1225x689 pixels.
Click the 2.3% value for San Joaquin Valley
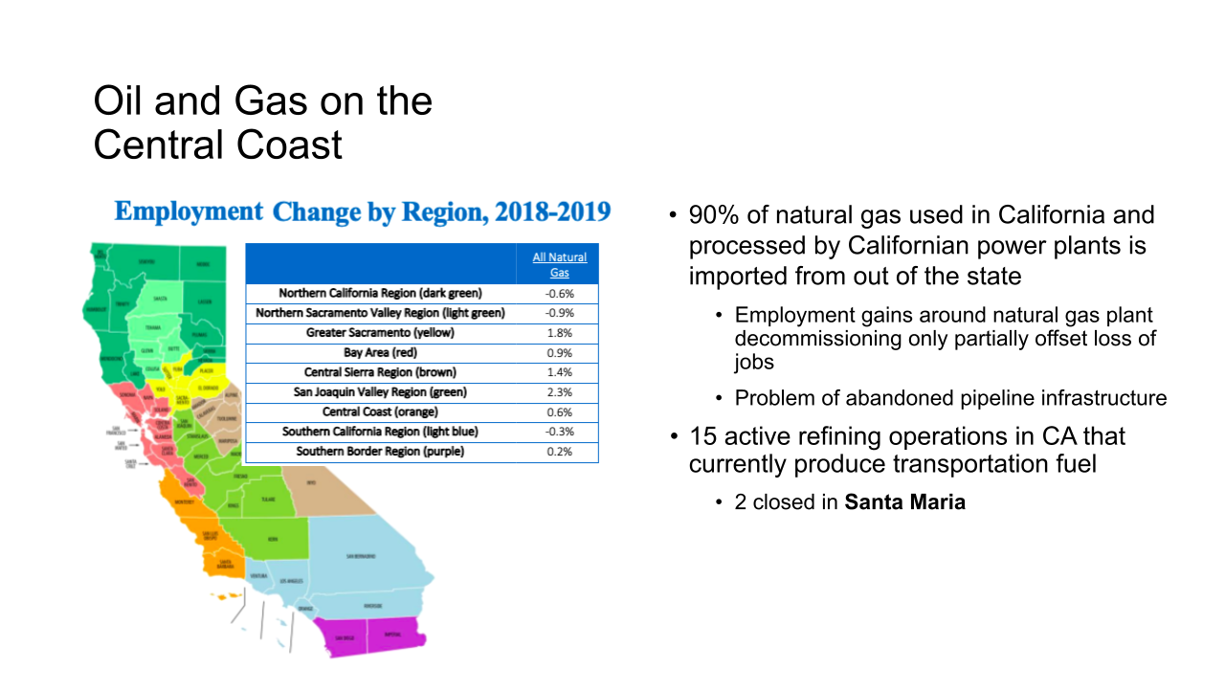pyautogui.click(x=560, y=392)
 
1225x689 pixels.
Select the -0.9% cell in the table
pyautogui.click(x=560, y=313)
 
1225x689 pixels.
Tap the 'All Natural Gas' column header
pyautogui.click(x=560, y=264)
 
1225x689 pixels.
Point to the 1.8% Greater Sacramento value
pyautogui.click(x=560, y=333)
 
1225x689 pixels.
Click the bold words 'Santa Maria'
pyautogui.click(x=904, y=502)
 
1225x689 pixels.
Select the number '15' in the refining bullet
pyautogui.click(x=703, y=437)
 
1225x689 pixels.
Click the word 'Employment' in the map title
pyautogui.click(x=189, y=212)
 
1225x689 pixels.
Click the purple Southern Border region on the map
pyautogui.click(x=373, y=635)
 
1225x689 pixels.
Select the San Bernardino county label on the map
pyautogui.click(x=361, y=556)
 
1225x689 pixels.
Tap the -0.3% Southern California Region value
pyautogui.click(x=560, y=432)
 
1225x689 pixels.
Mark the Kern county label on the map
pyautogui.click(x=273, y=540)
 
